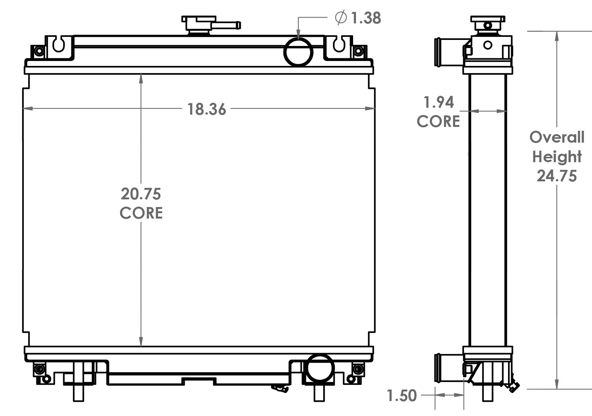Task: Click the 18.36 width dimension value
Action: pos(206,109)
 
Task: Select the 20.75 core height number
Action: pos(141,194)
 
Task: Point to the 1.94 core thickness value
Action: pos(438,102)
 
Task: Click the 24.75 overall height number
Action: pos(556,176)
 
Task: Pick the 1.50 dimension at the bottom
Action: pos(401,396)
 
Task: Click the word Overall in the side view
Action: pos(557,137)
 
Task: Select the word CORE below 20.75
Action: pos(141,213)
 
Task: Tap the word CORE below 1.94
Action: pos(438,122)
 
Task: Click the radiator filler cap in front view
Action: pos(199,24)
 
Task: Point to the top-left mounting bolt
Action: pos(38,51)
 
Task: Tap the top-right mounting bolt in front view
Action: pos(358,51)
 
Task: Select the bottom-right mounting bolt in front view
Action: pos(358,369)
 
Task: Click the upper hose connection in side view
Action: pos(449,52)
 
